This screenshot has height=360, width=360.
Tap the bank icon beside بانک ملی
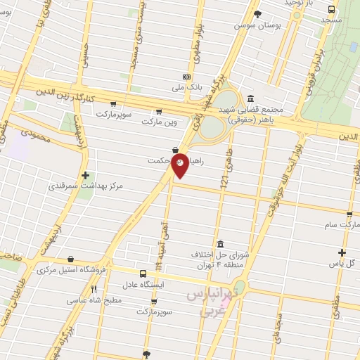pyautogui.click(x=186, y=77)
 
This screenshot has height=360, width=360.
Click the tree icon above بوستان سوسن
pyautogui.click(x=258, y=13)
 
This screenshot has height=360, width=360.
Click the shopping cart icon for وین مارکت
pyautogui.click(x=159, y=111)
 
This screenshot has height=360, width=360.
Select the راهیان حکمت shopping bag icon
pyautogui.click(x=174, y=149)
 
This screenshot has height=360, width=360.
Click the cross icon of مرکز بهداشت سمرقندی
pyautogui.click(x=85, y=175)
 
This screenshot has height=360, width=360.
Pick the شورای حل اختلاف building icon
pyautogui.click(x=219, y=243)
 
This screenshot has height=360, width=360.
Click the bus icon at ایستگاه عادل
pyautogui.click(x=144, y=274)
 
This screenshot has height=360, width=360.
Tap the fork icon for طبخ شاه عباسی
pyautogui.click(x=94, y=288)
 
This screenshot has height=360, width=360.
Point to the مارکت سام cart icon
pyautogui.click(x=349, y=214)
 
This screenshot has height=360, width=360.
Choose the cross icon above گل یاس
pyautogui.click(x=342, y=252)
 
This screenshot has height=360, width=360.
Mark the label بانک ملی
pyautogui.click(x=186, y=89)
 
